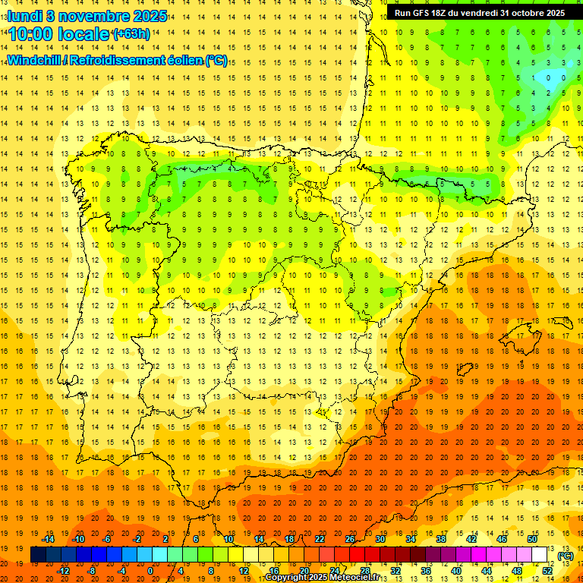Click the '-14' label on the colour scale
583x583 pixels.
49,539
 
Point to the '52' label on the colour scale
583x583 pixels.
547,571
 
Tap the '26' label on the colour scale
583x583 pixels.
350,539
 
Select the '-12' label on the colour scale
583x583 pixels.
64,571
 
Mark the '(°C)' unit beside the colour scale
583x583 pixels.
565,556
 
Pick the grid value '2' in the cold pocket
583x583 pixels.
549,93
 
